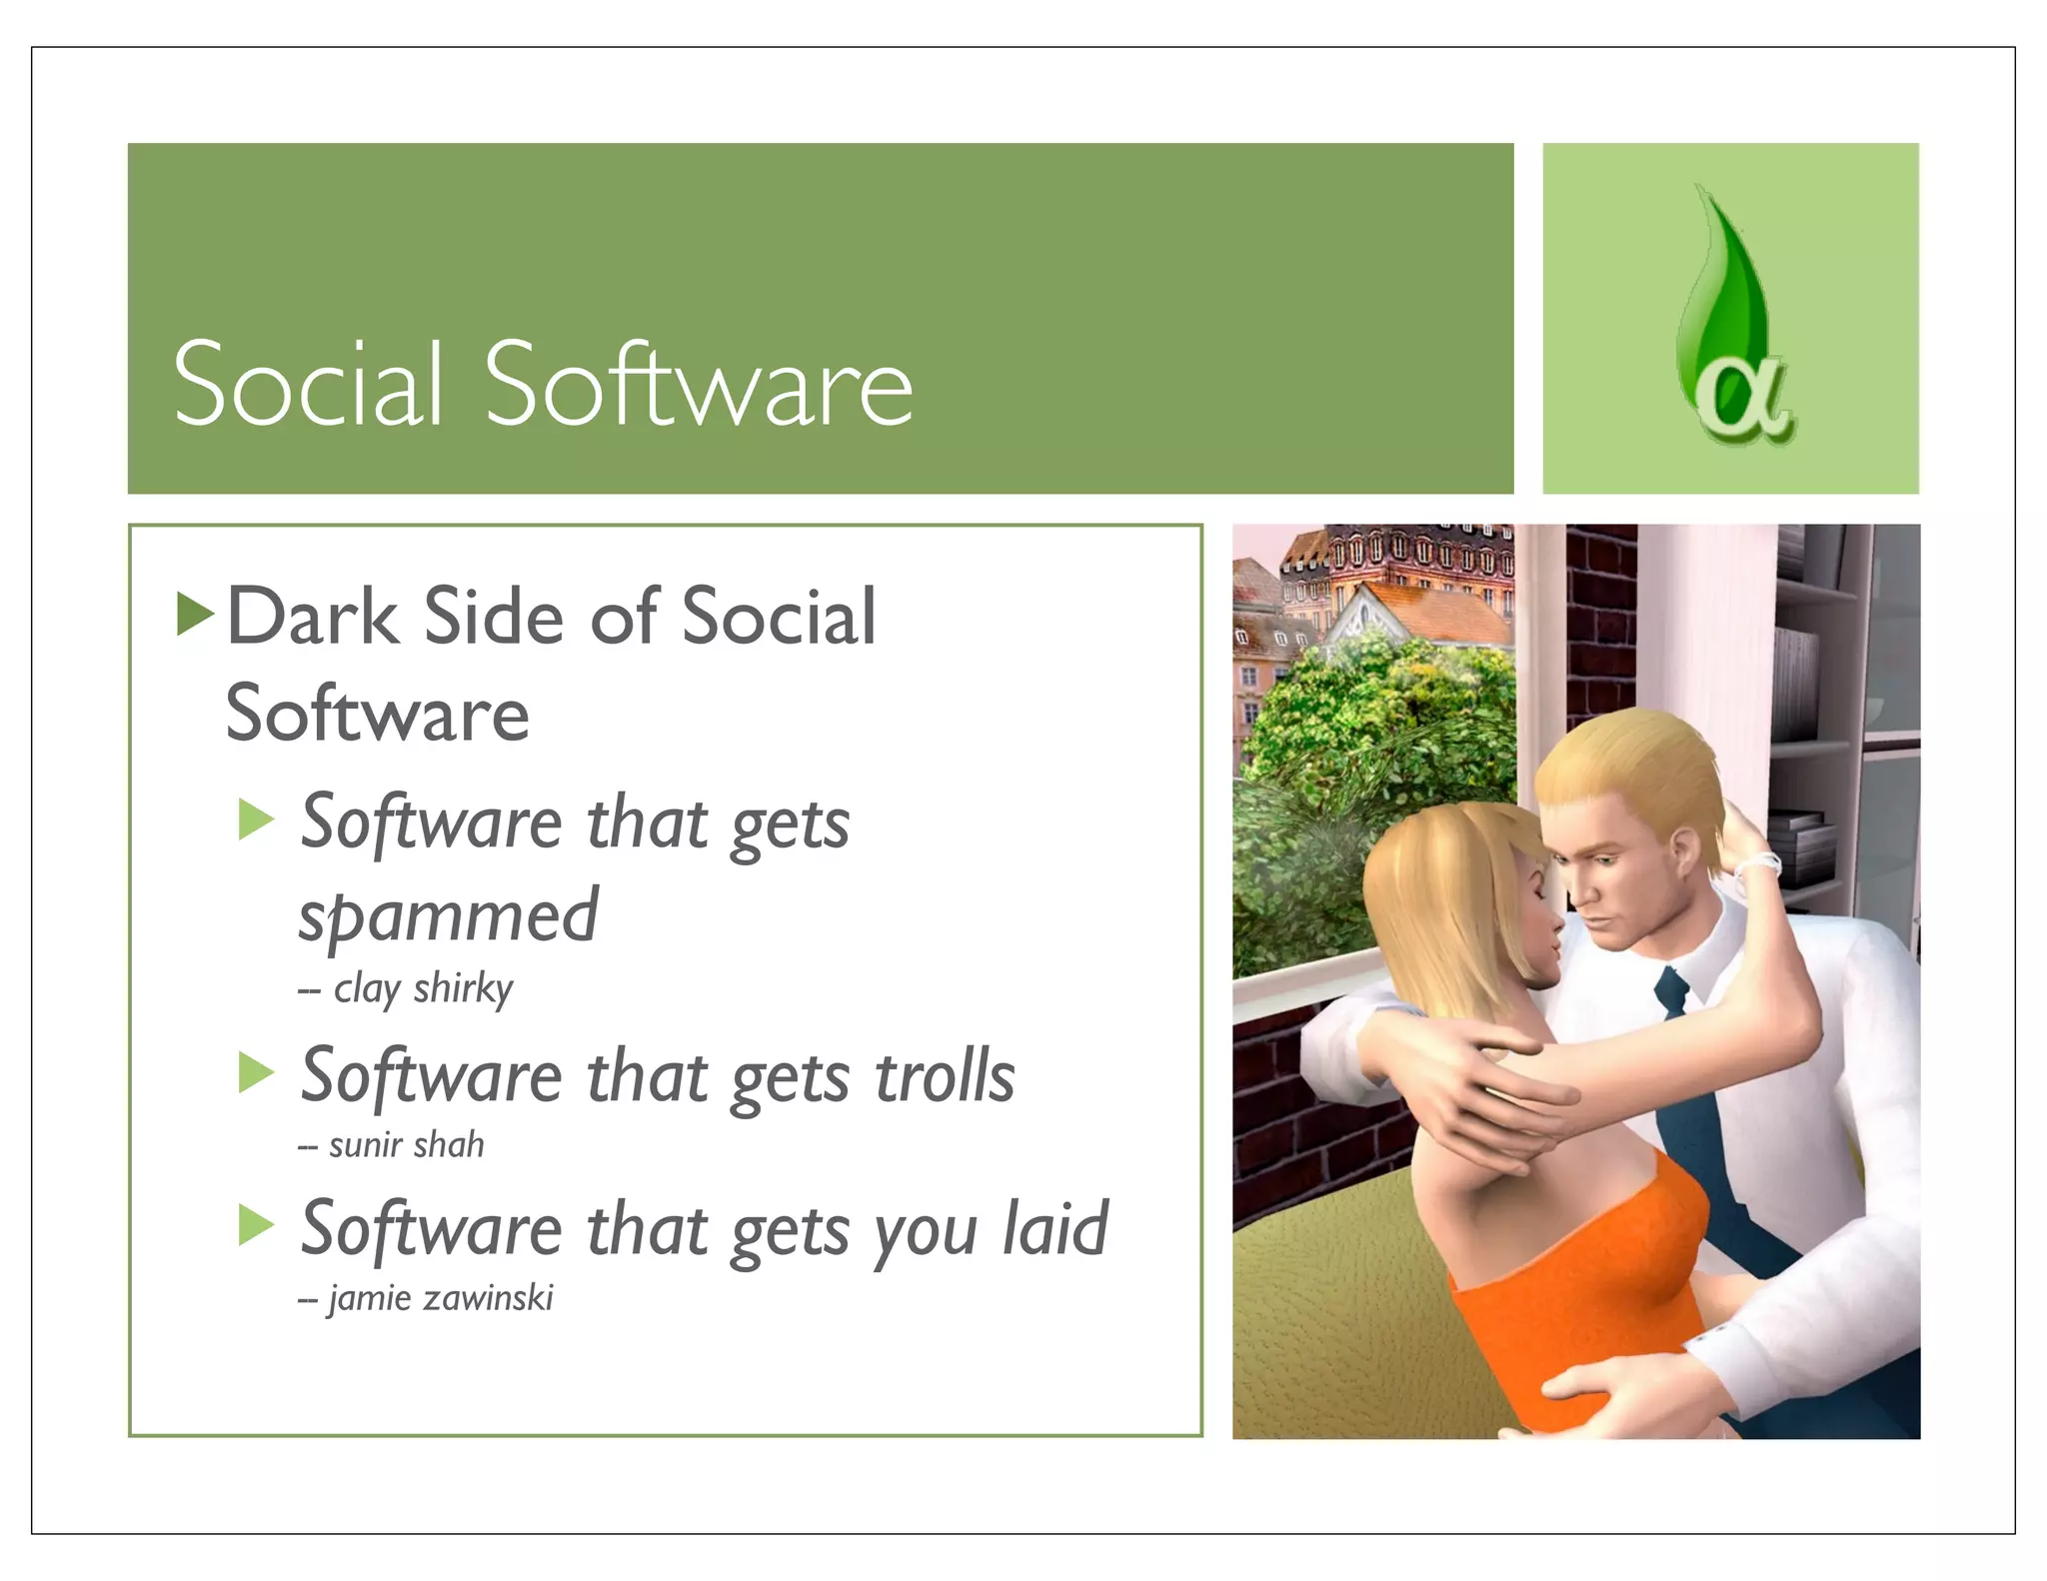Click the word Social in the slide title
308,385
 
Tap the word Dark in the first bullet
312,617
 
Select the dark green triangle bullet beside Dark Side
194,613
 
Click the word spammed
448,916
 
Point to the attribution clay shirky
422,988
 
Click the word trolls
945,1077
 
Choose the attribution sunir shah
406,1144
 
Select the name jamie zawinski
440,1298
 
